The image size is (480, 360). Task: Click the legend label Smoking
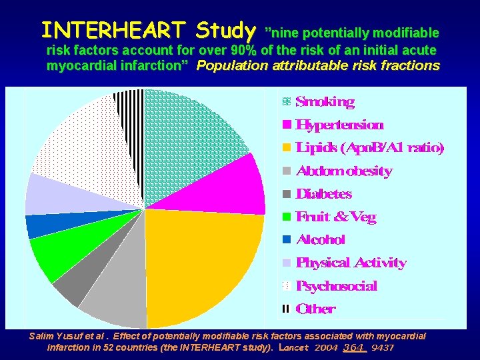tap(325, 102)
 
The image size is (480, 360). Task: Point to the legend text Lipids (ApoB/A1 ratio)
tap(369, 148)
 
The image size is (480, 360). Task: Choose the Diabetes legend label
tap(323, 194)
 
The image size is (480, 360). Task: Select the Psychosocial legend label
tap(336, 286)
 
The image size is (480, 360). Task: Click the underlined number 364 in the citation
tap(355, 348)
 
